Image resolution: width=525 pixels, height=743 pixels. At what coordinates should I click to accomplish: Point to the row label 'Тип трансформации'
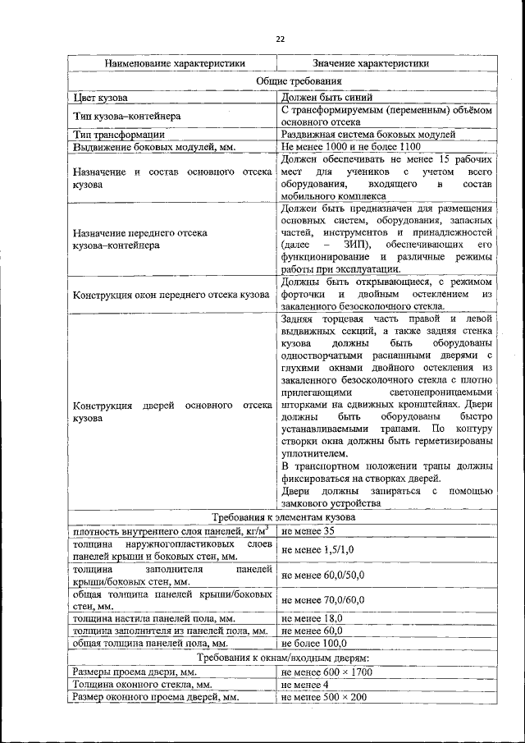pos(119,135)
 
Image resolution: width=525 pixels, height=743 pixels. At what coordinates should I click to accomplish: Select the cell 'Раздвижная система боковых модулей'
pos(367,134)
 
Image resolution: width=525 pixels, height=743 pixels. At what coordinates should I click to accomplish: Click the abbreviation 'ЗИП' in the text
pos(355,245)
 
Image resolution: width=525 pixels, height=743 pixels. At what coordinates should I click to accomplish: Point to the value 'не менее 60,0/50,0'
pos(322,575)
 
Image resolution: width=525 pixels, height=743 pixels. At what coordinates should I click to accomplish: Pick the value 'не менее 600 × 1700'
pos(326,672)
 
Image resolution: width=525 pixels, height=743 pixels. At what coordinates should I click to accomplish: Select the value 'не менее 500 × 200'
pos(323,696)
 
